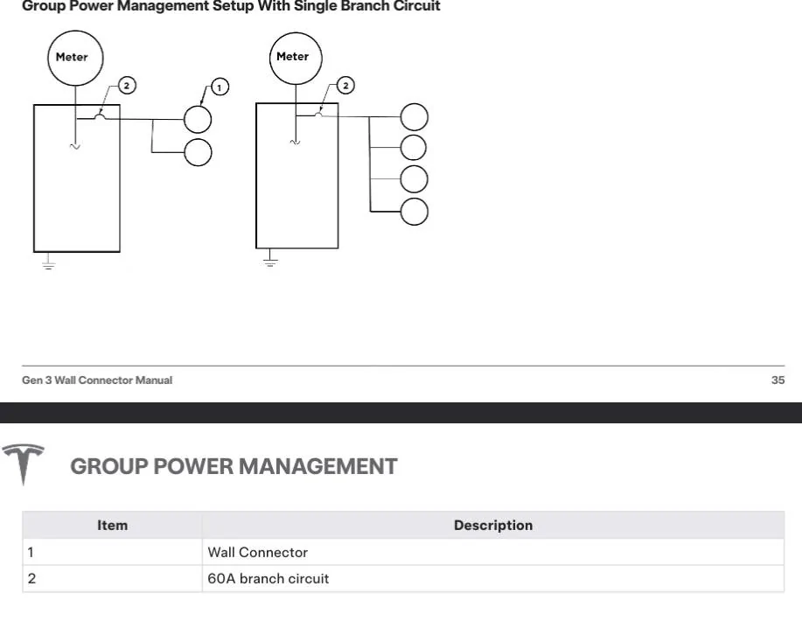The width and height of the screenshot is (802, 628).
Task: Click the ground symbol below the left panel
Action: [49, 262]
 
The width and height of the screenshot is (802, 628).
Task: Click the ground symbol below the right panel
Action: [270, 258]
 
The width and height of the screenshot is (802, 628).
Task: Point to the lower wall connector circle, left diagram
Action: [198, 152]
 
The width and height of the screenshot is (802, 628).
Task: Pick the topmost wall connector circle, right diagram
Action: [415, 117]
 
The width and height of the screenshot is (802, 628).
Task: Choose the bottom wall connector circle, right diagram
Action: [415, 212]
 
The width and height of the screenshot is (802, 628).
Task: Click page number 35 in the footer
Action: [778, 380]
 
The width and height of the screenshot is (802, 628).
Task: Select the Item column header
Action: [112, 525]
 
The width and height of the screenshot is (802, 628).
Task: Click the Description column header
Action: [493, 525]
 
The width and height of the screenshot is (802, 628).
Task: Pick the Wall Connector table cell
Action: [493, 552]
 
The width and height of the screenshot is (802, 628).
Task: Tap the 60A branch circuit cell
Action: [493, 578]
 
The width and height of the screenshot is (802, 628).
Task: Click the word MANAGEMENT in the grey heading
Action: [317, 466]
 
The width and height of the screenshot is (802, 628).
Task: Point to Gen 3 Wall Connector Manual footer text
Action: [97, 380]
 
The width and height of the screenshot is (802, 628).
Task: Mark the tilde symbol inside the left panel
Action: [74, 147]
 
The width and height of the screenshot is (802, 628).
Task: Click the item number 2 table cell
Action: [112, 578]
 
